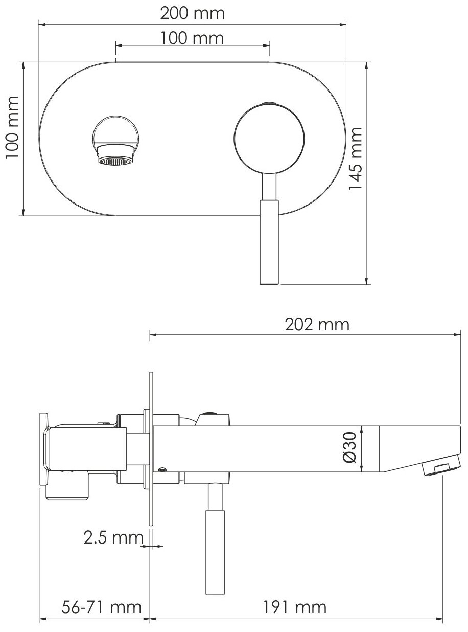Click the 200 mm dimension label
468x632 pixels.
point(192,13)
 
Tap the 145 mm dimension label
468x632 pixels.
point(355,159)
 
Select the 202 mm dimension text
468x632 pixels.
point(317,325)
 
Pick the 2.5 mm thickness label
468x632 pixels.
point(113,538)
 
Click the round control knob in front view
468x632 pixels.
point(269,139)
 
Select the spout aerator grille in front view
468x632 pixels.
point(116,161)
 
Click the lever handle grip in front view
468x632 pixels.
point(269,242)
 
